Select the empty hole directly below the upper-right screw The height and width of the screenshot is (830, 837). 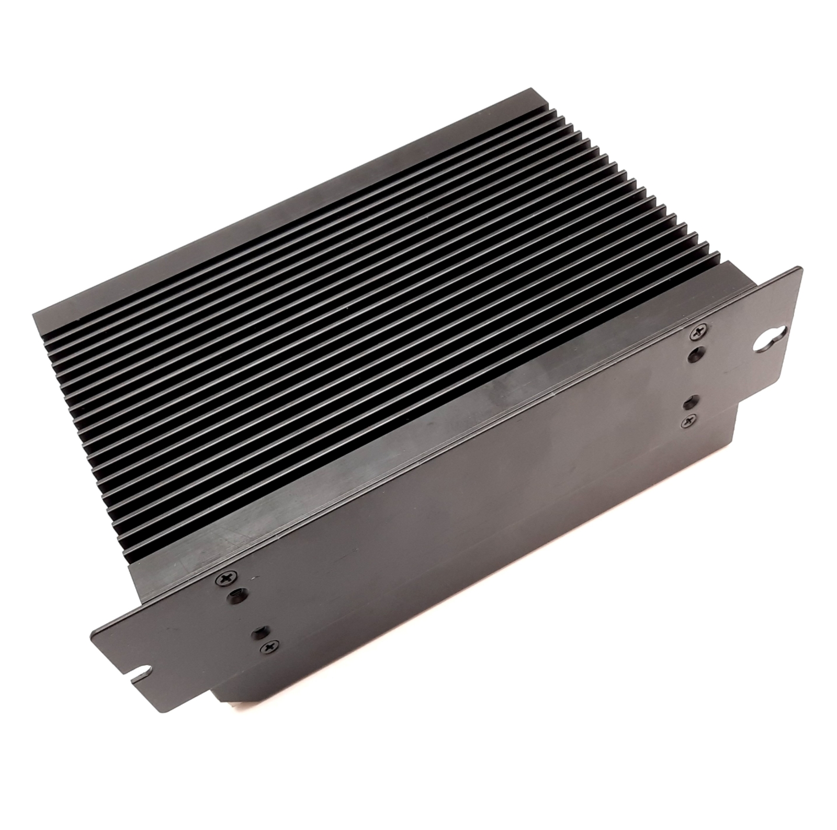click(x=696, y=355)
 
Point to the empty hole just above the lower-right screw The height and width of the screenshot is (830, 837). click(x=689, y=402)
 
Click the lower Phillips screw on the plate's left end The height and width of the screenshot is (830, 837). click(x=270, y=648)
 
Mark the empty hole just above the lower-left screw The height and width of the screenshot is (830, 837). click(x=258, y=633)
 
